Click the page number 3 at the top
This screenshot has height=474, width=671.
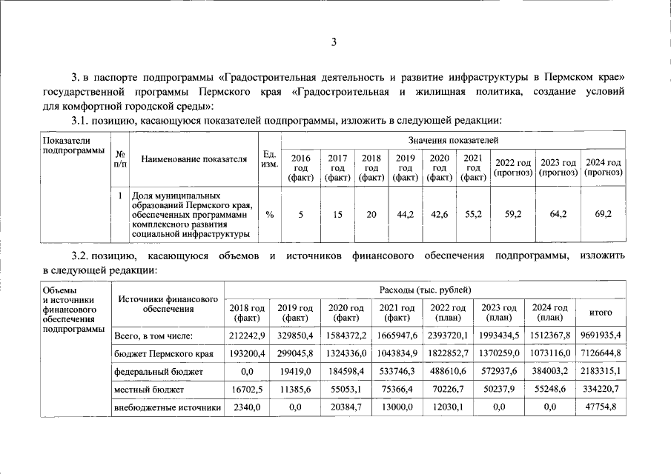coord(334,42)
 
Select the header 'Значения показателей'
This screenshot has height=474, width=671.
coord(452,140)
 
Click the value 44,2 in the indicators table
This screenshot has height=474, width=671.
coord(406,215)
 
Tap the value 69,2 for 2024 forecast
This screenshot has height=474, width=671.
coord(603,215)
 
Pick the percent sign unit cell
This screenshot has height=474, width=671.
coord(269,215)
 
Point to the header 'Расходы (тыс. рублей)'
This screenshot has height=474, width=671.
coord(425,290)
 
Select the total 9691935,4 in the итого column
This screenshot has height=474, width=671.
coord(600,336)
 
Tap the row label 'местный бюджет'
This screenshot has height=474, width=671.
coord(148,389)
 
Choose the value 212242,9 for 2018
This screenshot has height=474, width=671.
coord(248,336)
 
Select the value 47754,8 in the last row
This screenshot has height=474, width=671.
coord(600,407)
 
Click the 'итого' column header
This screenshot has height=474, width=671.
coord(600,313)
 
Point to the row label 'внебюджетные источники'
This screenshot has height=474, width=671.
coord(167,407)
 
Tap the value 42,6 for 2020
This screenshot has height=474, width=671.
coord(440,215)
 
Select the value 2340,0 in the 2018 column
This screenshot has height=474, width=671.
coord(248,407)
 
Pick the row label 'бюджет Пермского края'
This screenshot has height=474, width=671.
coord(163,354)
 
